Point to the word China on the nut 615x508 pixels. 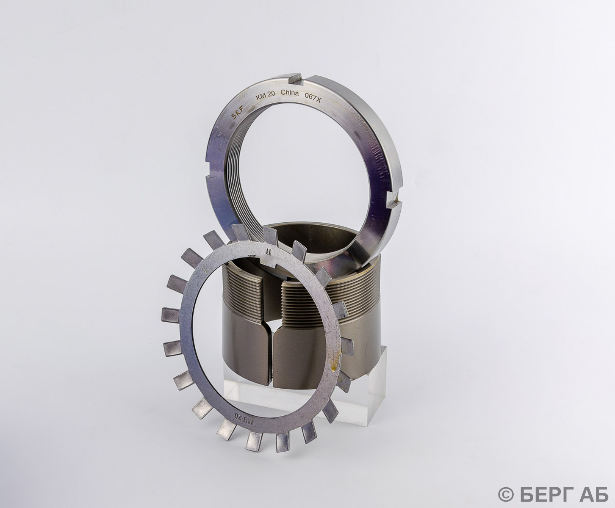click(x=289, y=93)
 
